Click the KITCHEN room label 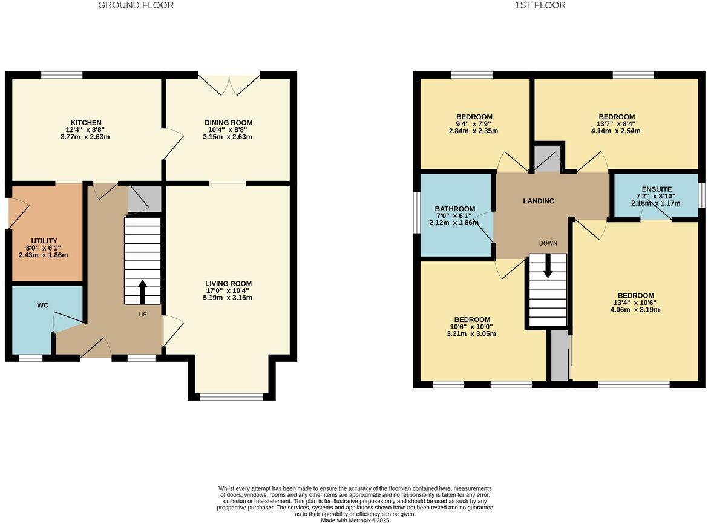pos(86,123)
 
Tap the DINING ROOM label pos(228,123)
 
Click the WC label pos(42,306)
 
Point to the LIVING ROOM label pos(228,283)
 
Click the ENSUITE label pos(657,189)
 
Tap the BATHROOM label pos(455,209)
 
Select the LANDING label pos(539,201)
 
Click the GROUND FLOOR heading pos(136,5)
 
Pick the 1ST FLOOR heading pos(540,5)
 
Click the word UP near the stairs pos(143,315)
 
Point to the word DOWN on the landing pos(548,243)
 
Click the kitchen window pos(62,75)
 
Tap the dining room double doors pos(229,85)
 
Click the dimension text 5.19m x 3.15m pos(228,297)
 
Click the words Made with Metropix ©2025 pos(355,520)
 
